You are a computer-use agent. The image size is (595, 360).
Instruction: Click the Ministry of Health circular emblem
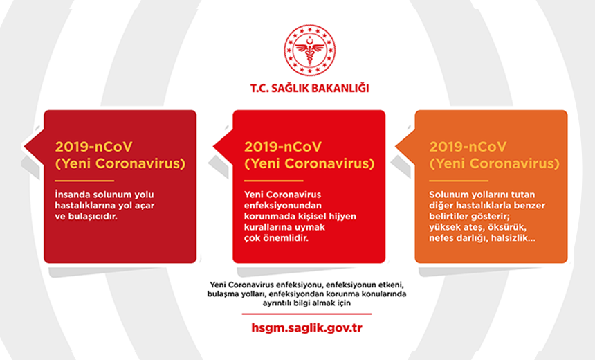310,50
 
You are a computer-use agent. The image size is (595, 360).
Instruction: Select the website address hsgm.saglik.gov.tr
306,328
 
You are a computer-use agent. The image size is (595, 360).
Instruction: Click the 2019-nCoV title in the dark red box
93,147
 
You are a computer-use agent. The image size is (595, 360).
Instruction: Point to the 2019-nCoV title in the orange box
468,147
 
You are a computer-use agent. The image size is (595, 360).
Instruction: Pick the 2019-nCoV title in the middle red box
283,147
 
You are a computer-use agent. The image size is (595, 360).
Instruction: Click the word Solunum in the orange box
444,195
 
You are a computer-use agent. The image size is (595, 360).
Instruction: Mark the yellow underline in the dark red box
84,181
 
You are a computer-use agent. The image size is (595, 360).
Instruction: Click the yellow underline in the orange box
459,181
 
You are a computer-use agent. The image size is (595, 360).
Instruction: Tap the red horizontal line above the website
306,314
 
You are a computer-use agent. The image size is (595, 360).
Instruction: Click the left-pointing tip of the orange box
396,147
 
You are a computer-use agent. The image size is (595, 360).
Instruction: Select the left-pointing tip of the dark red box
24,147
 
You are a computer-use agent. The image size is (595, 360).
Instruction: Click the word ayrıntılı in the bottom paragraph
276,303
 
